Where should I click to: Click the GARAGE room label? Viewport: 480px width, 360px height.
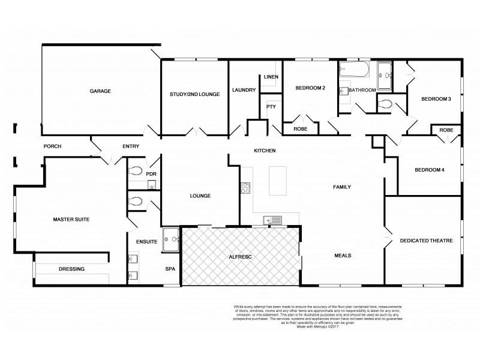[x=100, y=91]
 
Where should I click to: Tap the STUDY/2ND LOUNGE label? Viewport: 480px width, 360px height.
[x=194, y=94]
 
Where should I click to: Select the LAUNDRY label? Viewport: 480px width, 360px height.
[x=244, y=90]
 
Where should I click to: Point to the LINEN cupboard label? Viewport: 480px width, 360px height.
[x=270, y=77]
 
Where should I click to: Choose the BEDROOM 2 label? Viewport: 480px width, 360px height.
[x=310, y=88]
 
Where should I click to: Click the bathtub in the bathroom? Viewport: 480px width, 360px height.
[x=353, y=71]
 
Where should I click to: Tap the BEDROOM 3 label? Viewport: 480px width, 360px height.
[x=436, y=98]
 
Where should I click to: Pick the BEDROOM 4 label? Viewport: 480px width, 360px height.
[x=430, y=170]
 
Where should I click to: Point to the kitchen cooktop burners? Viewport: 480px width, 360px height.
[x=245, y=189]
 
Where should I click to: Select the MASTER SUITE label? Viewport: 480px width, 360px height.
[x=71, y=220]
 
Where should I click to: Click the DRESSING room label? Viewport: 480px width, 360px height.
[x=71, y=269]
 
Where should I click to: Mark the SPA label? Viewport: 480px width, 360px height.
[x=170, y=269]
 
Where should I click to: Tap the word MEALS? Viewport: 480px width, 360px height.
[x=342, y=256]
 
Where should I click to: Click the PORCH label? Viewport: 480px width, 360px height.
[x=53, y=146]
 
